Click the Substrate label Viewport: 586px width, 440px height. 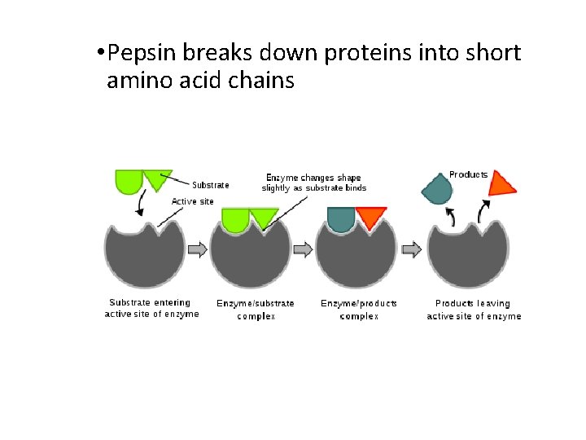click(x=210, y=185)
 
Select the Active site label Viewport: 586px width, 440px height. click(x=192, y=201)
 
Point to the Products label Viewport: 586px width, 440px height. click(x=468, y=174)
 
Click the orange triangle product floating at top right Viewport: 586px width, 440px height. click(x=501, y=184)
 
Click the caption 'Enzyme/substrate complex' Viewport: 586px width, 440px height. click(x=256, y=309)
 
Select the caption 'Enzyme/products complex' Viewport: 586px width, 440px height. click(x=359, y=309)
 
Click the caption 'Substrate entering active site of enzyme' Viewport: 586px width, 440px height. click(x=151, y=308)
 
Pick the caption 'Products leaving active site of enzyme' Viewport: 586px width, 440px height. click(x=474, y=309)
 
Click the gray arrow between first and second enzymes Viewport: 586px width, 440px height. click(x=198, y=249)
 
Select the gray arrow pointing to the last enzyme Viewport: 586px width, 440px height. click(x=412, y=249)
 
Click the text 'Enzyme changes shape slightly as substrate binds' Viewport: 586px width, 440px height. click(x=313, y=183)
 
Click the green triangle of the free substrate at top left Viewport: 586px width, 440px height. click(x=157, y=177)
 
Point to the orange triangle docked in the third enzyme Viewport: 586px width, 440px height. click(x=371, y=216)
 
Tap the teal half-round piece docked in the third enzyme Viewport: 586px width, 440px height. click(x=341, y=218)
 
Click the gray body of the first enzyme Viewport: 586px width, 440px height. click(x=145, y=257)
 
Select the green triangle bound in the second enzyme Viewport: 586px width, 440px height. click(x=264, y=216)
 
